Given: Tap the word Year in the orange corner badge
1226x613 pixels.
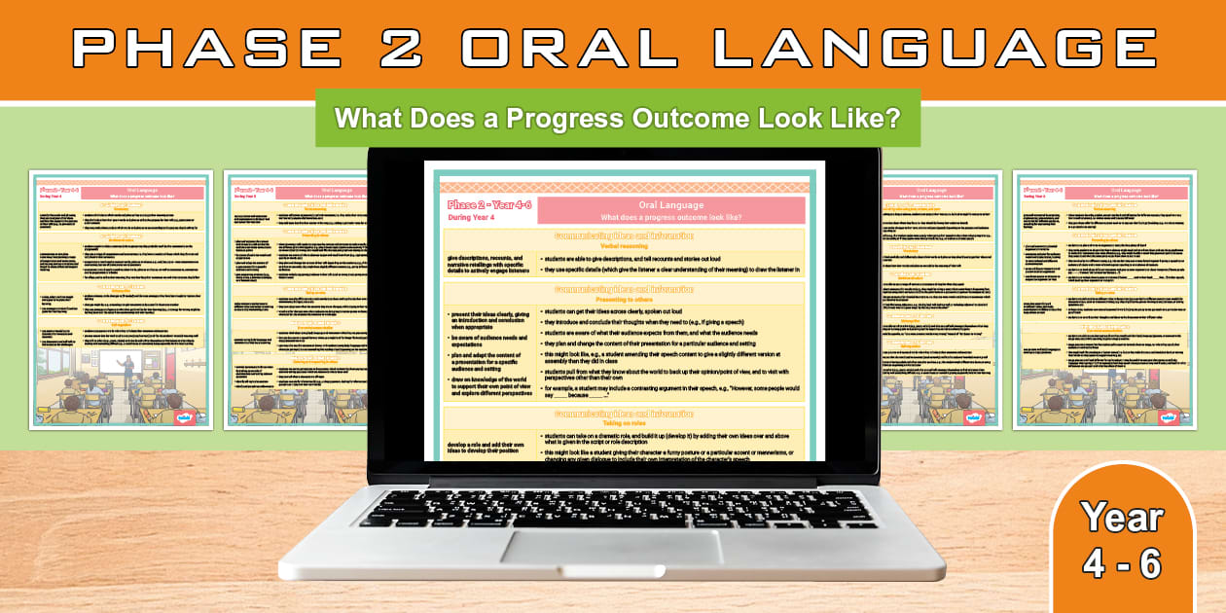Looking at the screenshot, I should click(x=1122, y=518).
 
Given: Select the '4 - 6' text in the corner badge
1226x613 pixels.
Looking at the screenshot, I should click(x=1122, y=563).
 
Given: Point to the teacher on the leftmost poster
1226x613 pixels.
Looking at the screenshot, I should click(x=126, y=367).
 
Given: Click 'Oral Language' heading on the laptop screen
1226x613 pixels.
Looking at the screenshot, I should click(x=670, y=204).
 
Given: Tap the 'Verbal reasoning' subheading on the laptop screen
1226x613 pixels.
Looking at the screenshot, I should click(x=624, y=247).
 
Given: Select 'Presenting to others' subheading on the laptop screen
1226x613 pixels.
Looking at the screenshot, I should click(x=624, y=299).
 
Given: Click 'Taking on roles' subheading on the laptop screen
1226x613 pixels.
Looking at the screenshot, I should click(x=624, y=423).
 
